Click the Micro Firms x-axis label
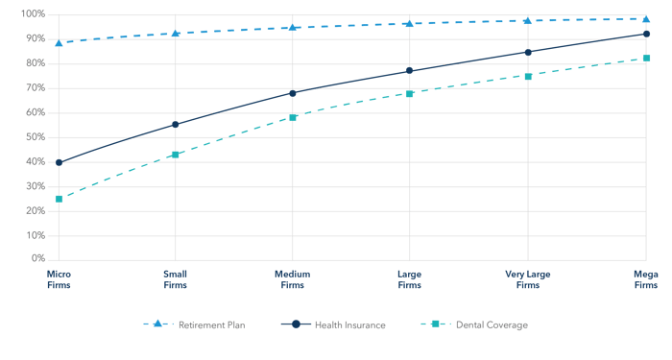[x=59, y=279]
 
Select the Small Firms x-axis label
[x=176, y=279]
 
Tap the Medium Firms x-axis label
[x=293, y=279]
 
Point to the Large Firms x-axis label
[x=410, y=279]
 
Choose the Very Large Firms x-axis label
[x=528, y=279]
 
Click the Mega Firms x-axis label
[x=645, y=279]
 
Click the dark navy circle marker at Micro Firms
[x=59, y=162]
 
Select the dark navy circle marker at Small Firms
[x=176, y=124]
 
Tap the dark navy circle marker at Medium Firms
[x=293, y=93]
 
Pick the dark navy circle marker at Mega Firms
[x=646, y=34]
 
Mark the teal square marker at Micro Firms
[x=59, y=199]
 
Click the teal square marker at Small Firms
[x=176, y=154]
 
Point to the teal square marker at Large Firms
[x=410, y=93]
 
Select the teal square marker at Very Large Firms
[x=528, y=75]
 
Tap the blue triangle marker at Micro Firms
[x=59, y=43]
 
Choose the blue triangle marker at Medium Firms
[x=293, y=28]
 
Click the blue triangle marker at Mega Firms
[x=646, y=18]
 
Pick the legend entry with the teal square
[x=474, y=324]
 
